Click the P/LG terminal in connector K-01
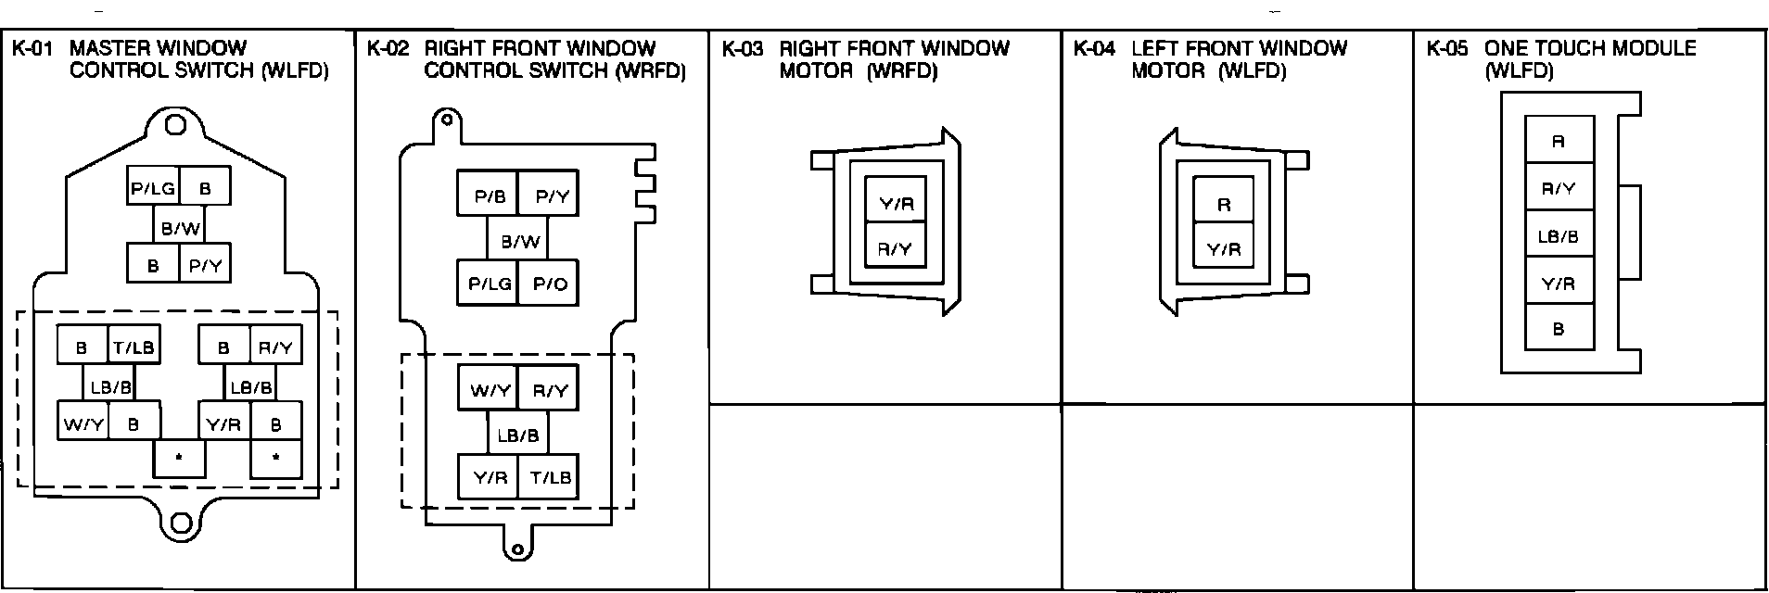pos(152,188)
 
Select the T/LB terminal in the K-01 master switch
pos(134,347)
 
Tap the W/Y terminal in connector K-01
pos(83,424)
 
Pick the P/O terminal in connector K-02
pos(550,284)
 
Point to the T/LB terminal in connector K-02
pos(550,477)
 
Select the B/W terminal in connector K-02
pos(520,242)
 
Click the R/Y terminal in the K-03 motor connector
pos(895,248)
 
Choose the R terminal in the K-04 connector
pos(1224,204)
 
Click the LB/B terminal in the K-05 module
pos(1559,236)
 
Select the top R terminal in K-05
pos(1559,141)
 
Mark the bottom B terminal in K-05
pos(1559,329)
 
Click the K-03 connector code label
pos(742,49)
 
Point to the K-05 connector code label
pos(1447,49)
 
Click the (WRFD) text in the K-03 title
pos(901,70)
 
